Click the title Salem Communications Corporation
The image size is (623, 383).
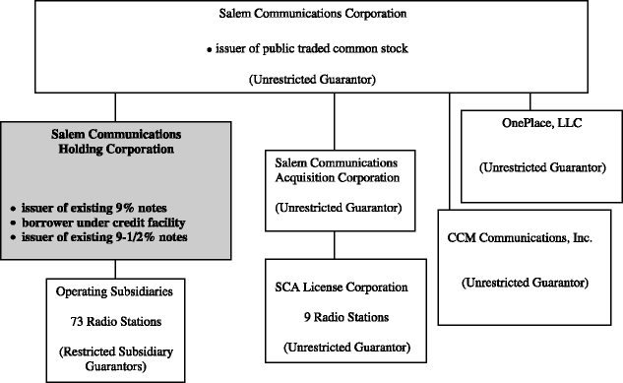pyautogui.click(x=313, y=14)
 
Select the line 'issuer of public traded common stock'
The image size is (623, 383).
pyautogui.click(x=311, y=48)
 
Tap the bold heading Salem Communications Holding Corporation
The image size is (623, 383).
pyautogui.click(x=116, y=142)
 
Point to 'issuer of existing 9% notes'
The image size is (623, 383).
pyautogui.click(x=93, y=208)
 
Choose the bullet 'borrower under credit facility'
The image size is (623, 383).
pyautogui.click(x=103, y=223)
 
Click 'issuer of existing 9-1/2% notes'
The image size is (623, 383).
pyautogui.click(x=104, y=237)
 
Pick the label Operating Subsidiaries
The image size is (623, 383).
pyautogui.click(x=114, y=291)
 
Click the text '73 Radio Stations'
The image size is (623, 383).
pyautogui.click(x=116, y=321)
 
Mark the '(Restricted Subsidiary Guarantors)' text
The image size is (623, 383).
pyautogui.click(x=116, y=358)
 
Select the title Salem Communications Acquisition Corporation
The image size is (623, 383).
pyautogui.click(x=337, y=170)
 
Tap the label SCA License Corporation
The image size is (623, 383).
pyautogui.click(x=342, y=287)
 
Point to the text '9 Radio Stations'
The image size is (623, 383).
pyautogui.click(x=346, y=317)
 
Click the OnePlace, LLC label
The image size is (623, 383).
pyautogui.click(x=542, y=123)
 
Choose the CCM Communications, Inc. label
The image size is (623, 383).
pyautogui.click(x=520, y=238)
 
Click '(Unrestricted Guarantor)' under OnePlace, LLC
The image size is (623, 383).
pyautogui.click(x=542, y=167)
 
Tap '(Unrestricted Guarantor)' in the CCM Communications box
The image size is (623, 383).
pyautogui.click(x=525, y=283)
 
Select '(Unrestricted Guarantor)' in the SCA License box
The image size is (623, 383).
pyautogui.click(x=346, y=348)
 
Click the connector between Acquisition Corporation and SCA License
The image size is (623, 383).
pyautogui.click(x=335, y=245)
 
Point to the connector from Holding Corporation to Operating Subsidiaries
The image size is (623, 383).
pyautogui.click(x=115, y=270)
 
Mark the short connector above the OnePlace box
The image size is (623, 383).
pyautogui.click(x=530, y=101)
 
